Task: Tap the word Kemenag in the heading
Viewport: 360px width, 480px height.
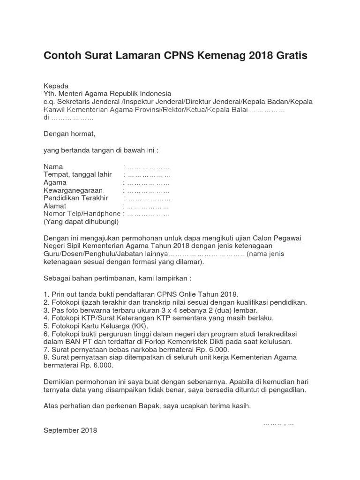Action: click(x=223, y=56)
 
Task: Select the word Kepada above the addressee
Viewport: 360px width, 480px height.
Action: click(x=56, y=86)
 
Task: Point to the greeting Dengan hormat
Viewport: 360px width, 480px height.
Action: click(x=69, y=134)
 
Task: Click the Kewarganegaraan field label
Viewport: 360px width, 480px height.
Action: click(x=72, y=190)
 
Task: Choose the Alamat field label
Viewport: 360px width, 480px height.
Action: click(x=55, y=206)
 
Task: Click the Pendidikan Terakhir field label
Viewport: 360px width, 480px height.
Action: click(x=75, y=198)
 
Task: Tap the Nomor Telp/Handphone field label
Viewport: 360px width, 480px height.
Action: click(x=82, y=214)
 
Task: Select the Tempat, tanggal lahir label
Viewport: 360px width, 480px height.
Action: click(x=77, y=174)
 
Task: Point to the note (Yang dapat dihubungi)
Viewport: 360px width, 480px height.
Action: click(x=81, y=222)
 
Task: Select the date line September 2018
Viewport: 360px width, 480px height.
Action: click(x=70, y=430)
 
